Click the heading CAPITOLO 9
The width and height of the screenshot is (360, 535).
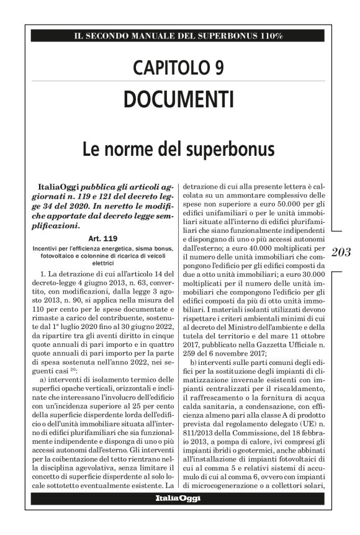click(x=178, y=67)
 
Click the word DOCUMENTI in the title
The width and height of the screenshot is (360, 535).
click(x=178, y=99)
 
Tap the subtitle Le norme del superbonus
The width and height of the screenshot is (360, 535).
click(x=178, y=150)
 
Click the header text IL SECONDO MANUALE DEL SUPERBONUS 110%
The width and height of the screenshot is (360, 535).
click(x=178, y=36)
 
